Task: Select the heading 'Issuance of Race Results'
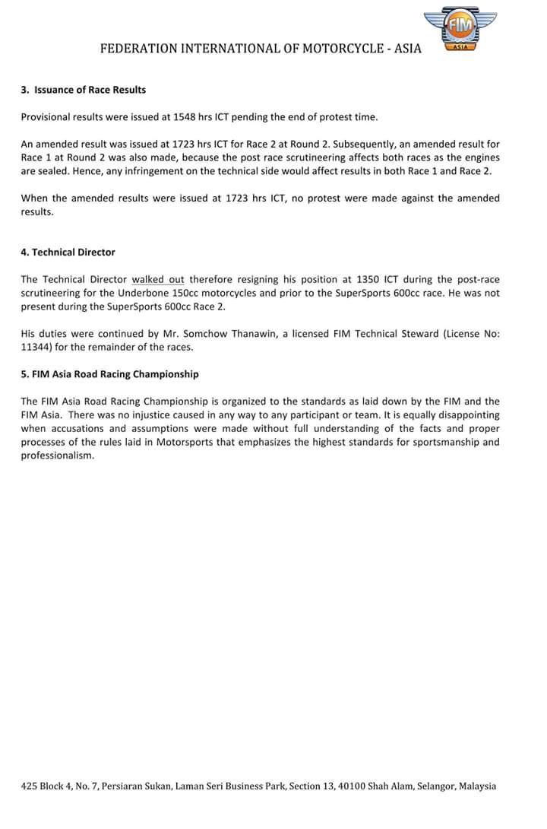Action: click(90, 90)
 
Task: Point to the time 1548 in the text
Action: click(203, 116)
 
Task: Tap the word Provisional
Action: click(48, 116)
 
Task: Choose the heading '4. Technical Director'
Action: click(68, 253)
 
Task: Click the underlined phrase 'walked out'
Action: click(158, 279)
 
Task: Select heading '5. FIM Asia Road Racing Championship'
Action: click(109, 374)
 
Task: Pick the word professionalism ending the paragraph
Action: click(57, 456)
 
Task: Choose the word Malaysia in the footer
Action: click(476, 786)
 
